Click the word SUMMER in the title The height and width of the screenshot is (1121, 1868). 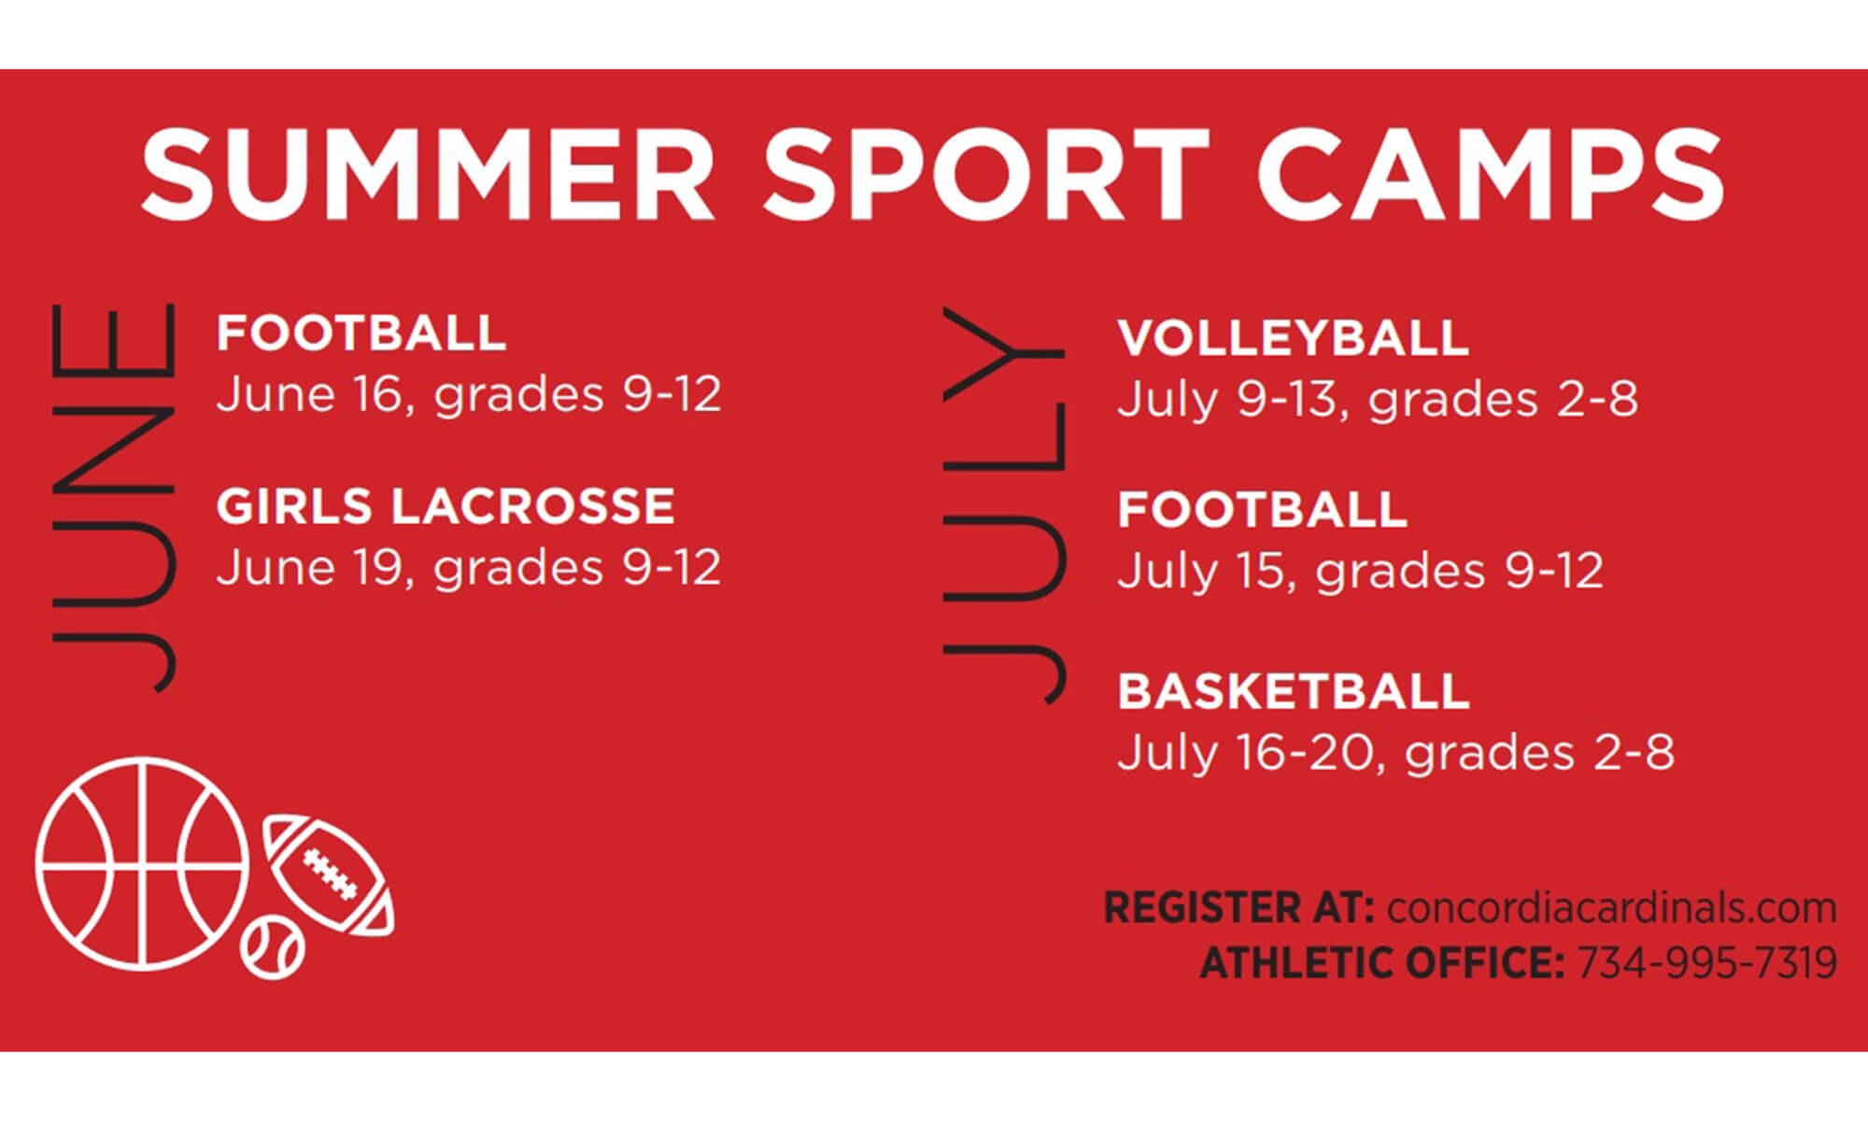point(428,175)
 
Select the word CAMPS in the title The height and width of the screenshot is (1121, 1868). point(1491,175)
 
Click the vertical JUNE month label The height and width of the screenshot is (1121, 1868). point(112,498)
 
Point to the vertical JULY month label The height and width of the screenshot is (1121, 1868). point(1003,504)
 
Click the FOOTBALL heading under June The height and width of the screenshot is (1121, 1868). point(361,333)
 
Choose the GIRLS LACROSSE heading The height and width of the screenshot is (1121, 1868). point(446,506)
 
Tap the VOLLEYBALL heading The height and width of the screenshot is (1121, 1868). point(1294,338)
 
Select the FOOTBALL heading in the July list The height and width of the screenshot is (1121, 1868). point(1263,510)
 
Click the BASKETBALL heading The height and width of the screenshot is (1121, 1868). point(1294,691)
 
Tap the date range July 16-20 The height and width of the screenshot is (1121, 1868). point(1249,753)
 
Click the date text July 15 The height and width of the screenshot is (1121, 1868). point(1205,571)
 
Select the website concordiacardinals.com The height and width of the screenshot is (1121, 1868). point(1611,907)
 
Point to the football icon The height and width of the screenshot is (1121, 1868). point(329,875)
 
